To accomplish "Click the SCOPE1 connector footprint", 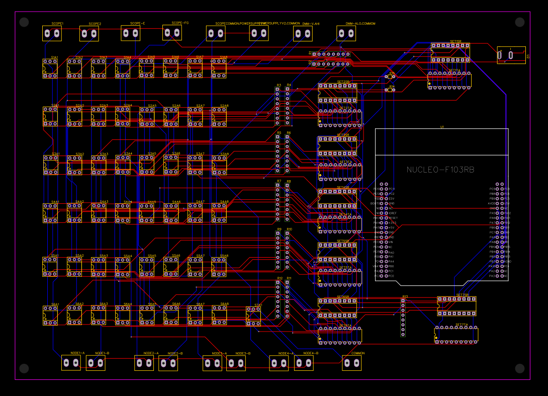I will click(x=52, y=34).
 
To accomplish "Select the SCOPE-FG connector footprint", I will click(x=172, y=33).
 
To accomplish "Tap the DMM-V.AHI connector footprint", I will click(x=303, y=34).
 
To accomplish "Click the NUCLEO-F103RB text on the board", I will click(x=440, y=170).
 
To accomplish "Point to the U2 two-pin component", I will click(x=511, y=54).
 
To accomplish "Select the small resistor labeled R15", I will click(x=392, y=77).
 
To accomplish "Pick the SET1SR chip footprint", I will click(x=450, y=52).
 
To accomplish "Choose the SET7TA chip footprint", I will click(x=456, y=335).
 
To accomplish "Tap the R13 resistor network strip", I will click(x=403, y=318).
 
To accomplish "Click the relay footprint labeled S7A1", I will click(x=253, y=315).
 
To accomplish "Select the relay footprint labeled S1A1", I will click(x=50, y=68).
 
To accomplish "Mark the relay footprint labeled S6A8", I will click(x=219, y=315).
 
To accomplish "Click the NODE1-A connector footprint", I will click(x=71, y=363).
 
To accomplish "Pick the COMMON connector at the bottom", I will click(x=352, y=363).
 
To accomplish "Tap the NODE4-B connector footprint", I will click(x=304, y=363).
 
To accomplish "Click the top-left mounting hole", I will click(x=24, y=22).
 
